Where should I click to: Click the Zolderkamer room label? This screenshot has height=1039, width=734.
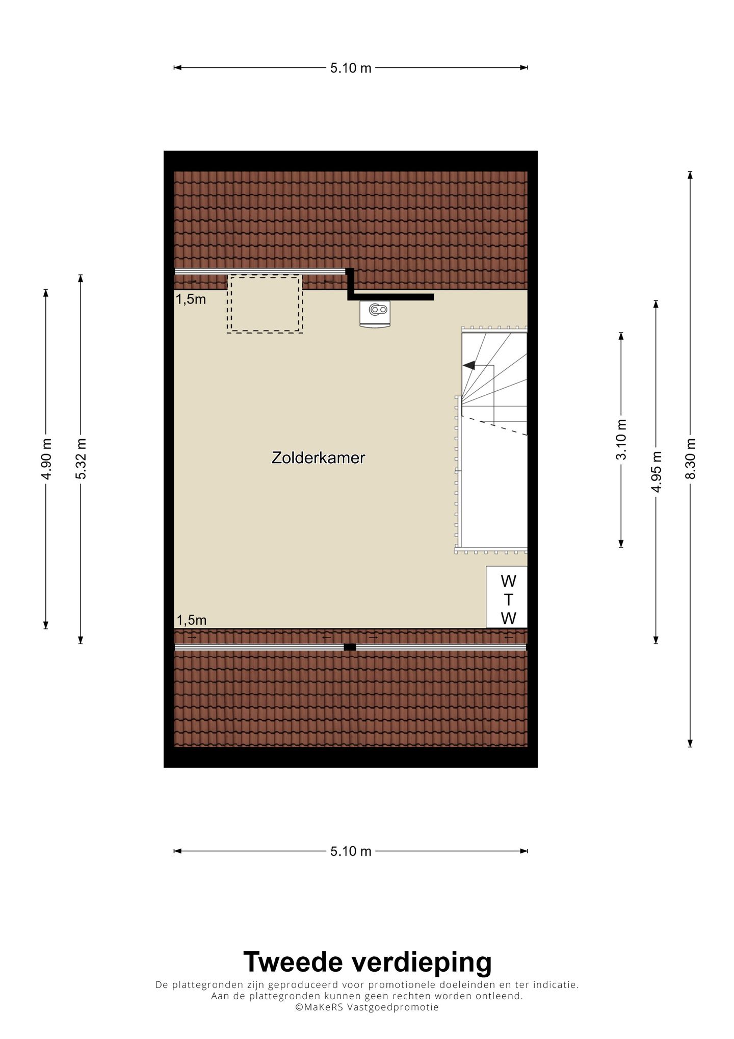click(x=318, y=458)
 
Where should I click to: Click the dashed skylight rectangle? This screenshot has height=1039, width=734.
click(x=265, y=304)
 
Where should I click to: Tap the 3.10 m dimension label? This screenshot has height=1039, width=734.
click(x=621, y=440)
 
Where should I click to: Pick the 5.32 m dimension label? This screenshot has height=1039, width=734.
click(x=81, y=458)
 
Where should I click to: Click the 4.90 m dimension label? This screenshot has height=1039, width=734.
click(x=46, y=459)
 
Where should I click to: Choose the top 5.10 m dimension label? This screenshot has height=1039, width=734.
click(x=351, y=68)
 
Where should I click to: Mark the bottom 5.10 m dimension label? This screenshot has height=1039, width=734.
click(x=351, y=851)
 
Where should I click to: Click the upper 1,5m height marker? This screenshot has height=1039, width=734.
click(x=191, y=299)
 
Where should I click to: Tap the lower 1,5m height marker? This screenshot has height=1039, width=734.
click(x=191, y=620)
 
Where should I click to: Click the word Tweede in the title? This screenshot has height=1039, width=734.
click(x=294, y=962)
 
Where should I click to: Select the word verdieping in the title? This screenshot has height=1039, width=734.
click(x=422, y=962)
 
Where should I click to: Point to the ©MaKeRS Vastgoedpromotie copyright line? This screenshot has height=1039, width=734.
click(x=366, y=1007)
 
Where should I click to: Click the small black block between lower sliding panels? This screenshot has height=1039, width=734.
click(x=350, y=647)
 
